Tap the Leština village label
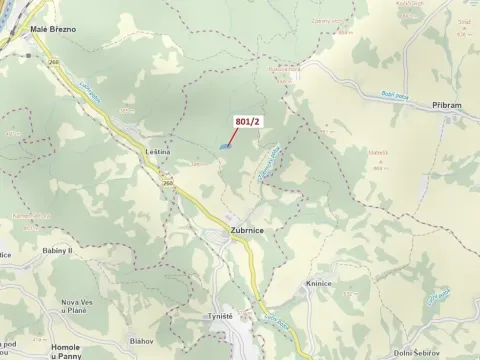click(x=158, y=151)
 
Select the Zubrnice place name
click(x=253, y=230)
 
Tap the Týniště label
click(x=220, y=316)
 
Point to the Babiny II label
click(x=58, y=251)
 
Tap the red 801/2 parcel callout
click(x=248, y=121)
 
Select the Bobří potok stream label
click(x=366, y=96)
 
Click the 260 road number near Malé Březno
click(x=53, y=61)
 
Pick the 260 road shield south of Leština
click(x=166, y=183)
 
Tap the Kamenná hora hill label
click(x=31, y=213)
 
